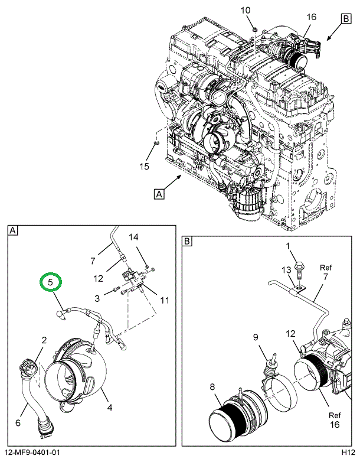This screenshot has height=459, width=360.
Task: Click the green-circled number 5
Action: coord(51,282)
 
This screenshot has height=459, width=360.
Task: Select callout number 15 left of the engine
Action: coord(144,166)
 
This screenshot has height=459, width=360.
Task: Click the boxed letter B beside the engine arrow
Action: coord(345,19)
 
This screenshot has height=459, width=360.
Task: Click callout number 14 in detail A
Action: coord(133,237)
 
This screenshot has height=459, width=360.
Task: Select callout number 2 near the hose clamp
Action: coord(44,340)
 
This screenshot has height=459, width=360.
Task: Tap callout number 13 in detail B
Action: coord(287,270)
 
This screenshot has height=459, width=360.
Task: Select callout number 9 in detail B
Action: coord(256,337)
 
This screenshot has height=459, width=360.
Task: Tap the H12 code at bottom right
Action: coord(346,453)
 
